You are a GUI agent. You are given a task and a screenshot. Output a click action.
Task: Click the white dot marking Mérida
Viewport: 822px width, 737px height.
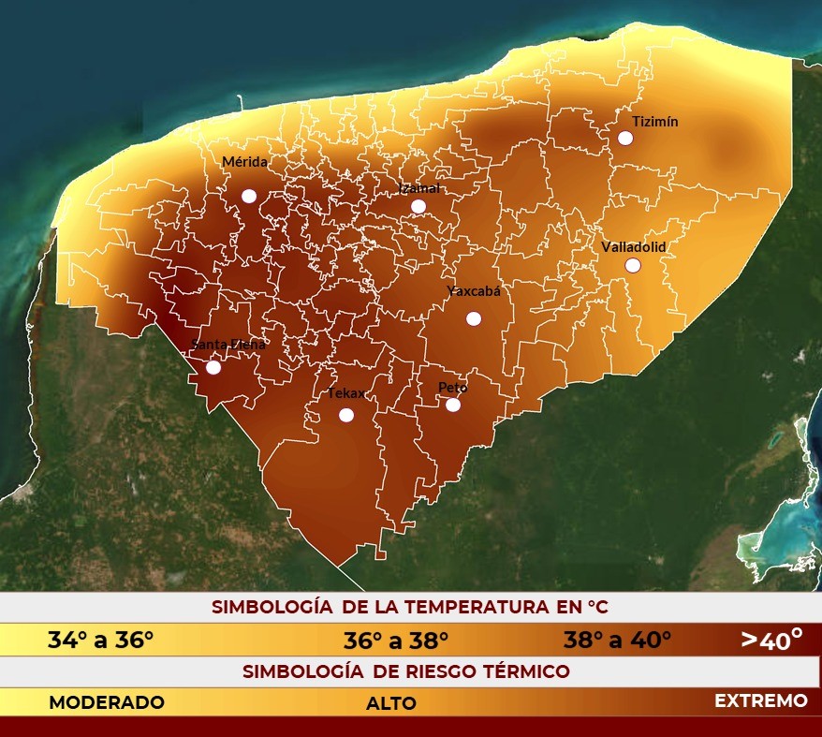tap(249, 196)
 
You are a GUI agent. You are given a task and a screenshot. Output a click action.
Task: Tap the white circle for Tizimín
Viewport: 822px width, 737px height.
tap(625, 138)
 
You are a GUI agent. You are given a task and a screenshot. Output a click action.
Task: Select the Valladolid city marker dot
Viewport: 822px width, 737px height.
tap(633, 265)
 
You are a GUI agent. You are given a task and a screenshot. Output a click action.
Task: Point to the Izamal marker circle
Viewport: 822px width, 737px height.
tap(418, 206)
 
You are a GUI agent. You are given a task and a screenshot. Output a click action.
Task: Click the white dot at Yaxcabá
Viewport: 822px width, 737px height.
tap(474, 318)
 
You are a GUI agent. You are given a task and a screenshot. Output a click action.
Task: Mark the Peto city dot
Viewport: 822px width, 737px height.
tap(453, 405)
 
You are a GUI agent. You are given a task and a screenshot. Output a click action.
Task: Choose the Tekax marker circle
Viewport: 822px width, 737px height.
tap(346, 415)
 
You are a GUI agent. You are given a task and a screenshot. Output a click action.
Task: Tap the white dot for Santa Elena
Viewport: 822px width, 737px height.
tap(213, 367)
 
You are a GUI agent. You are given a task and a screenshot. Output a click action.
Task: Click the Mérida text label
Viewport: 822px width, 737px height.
tap(244, 162)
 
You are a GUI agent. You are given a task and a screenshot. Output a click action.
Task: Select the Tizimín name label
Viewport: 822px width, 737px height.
tap(654, 122)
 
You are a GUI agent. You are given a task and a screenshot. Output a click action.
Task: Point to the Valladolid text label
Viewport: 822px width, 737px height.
tap(633, 246)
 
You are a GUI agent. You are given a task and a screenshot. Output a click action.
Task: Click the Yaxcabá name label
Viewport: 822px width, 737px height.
tap(474, 291)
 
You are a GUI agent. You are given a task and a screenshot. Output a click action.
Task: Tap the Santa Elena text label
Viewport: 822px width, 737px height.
tap(228, 344)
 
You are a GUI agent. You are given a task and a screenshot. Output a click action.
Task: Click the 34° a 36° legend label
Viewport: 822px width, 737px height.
tap(100, 641)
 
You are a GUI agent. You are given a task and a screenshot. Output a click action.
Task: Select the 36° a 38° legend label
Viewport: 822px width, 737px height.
tap(396, 641)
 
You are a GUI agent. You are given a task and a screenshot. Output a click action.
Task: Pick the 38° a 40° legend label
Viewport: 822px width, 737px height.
tap(617, 641)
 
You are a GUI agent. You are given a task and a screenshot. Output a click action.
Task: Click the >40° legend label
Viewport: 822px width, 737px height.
tap(771, 640)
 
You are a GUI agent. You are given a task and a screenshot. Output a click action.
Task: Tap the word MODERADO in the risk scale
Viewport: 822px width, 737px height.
tap(107, 702)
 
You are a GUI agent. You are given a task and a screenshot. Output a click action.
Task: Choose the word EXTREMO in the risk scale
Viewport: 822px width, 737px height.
tap(760, 700)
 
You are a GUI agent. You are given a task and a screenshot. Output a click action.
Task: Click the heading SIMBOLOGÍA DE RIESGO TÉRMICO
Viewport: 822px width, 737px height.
tap(406, 671)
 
